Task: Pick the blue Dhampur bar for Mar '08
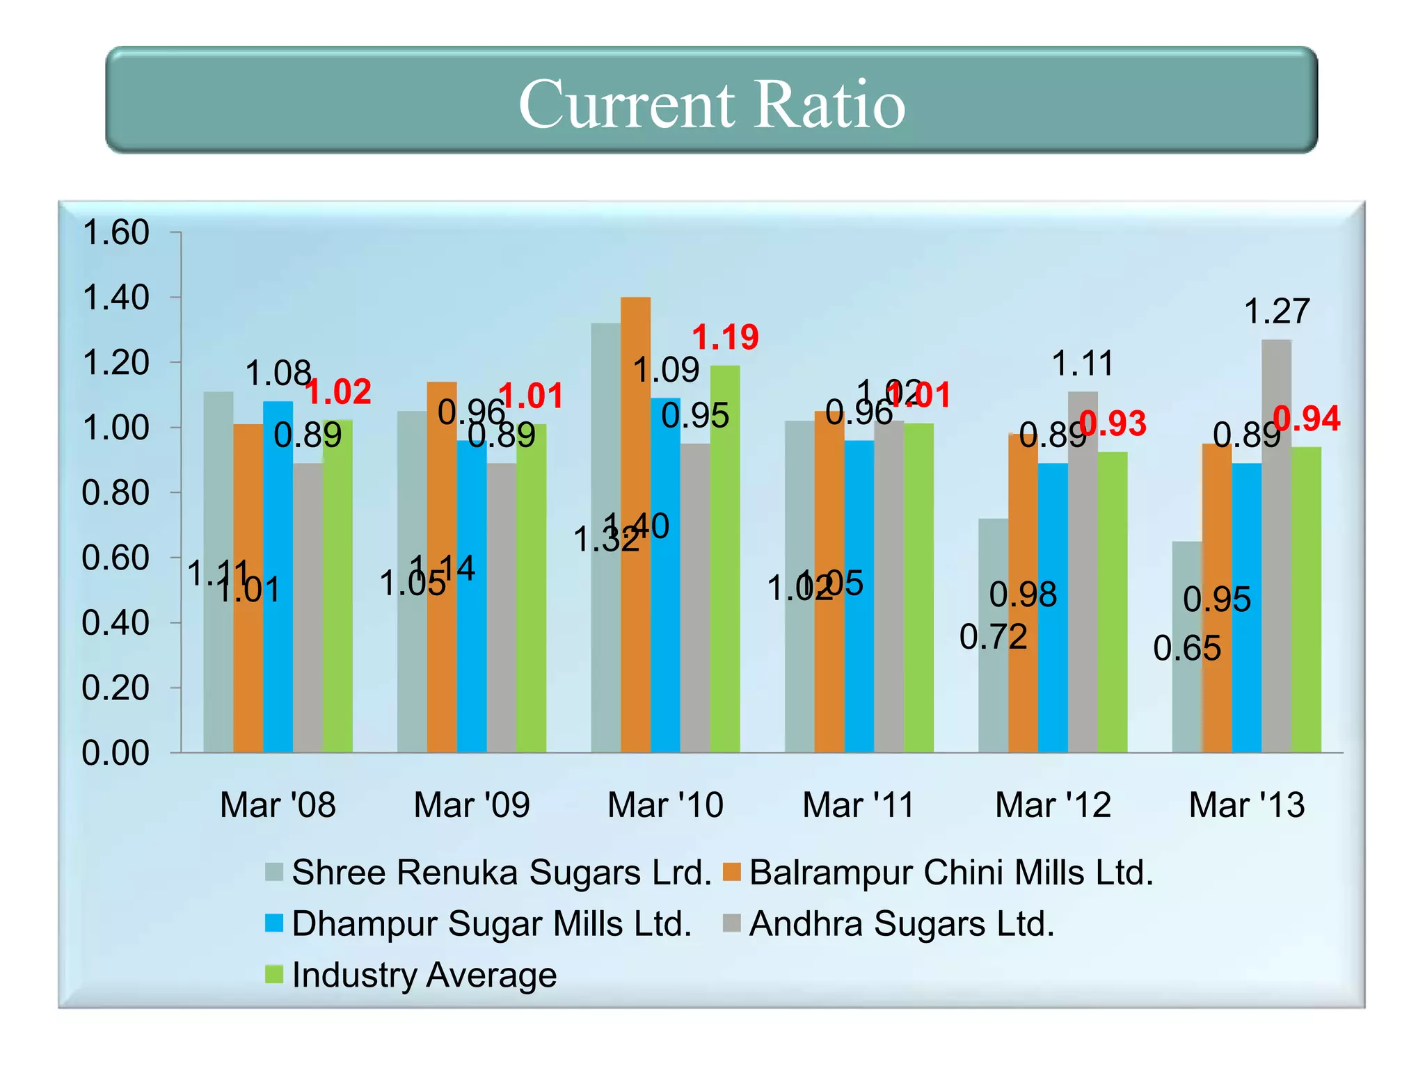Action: coord(278,576)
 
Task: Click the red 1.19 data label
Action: coord(725,338)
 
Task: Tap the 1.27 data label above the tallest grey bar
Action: coord(1276,311)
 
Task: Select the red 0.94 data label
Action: coord(1306,419)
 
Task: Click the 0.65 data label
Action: coord(1187,649)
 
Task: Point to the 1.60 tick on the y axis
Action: coord(116,232)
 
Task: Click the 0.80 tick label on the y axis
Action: coord(116,493)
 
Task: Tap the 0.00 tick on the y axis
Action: coord(116,753)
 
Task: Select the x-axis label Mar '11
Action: coord(859,805)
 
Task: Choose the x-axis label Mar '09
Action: coord(471,805)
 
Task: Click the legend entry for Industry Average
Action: coord(424,975)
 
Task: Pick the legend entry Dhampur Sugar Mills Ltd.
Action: coord(491,924)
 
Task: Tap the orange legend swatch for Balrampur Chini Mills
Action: coord(731,872)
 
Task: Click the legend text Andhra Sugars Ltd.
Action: coord(902,924)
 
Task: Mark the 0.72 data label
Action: coord(993,637)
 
